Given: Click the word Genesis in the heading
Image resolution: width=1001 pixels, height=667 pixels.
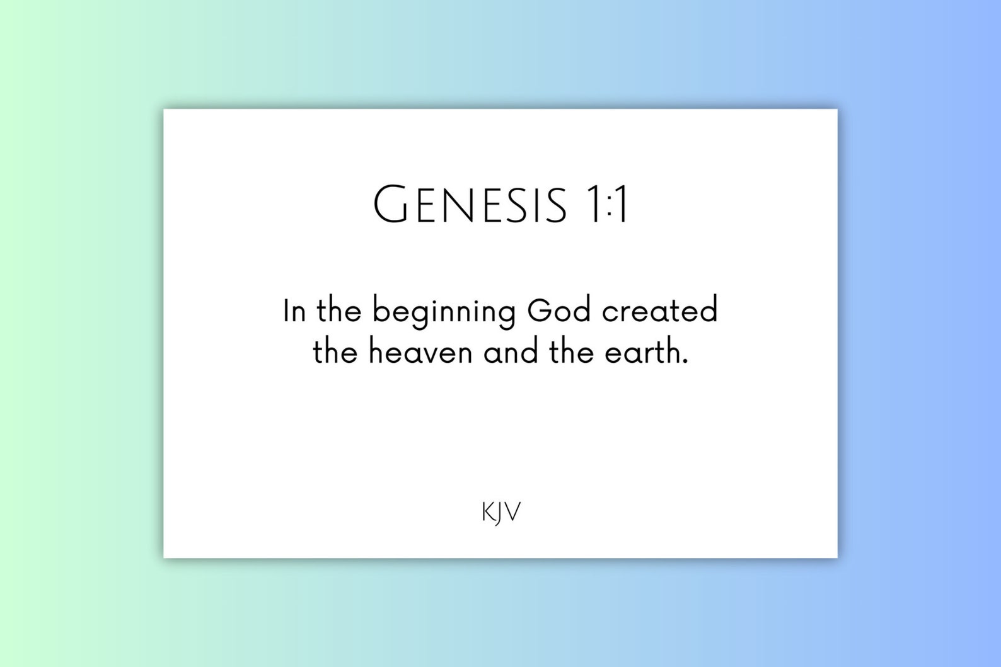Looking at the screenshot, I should pos(470,205).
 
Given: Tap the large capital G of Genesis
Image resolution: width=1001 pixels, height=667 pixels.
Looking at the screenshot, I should pos(391,204).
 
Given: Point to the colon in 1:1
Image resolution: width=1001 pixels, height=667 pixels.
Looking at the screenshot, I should pos(609,207).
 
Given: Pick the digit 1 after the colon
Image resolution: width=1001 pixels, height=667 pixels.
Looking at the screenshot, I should pos(622,205).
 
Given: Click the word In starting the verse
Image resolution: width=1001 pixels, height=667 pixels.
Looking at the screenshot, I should pos(294,311).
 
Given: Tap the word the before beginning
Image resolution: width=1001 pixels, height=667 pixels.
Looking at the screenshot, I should pos(338,311).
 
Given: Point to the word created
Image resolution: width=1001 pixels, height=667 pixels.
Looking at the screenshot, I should pos(660,311).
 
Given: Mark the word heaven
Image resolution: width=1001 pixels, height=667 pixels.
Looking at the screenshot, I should pos(420,352).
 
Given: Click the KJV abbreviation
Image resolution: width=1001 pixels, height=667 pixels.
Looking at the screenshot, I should pos(501,513).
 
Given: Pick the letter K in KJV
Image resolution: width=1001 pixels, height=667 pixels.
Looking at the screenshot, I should pos(488,512).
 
